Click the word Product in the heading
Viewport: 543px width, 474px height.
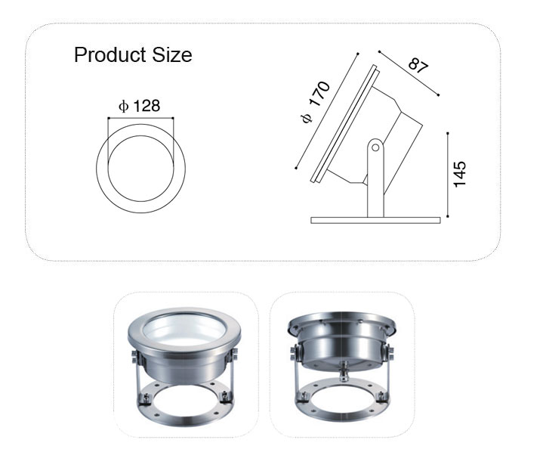coord(110,54)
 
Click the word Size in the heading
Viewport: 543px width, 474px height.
coord(172,54)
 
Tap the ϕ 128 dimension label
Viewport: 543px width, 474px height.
coord(140,106)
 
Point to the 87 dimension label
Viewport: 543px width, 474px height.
coord(418,66)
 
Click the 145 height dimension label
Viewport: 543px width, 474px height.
coord(460,174)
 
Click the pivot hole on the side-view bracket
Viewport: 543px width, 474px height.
coord(375,147)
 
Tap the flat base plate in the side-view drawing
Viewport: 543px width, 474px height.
coord(375,220)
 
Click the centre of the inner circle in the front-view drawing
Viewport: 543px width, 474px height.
coord(140,169)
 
